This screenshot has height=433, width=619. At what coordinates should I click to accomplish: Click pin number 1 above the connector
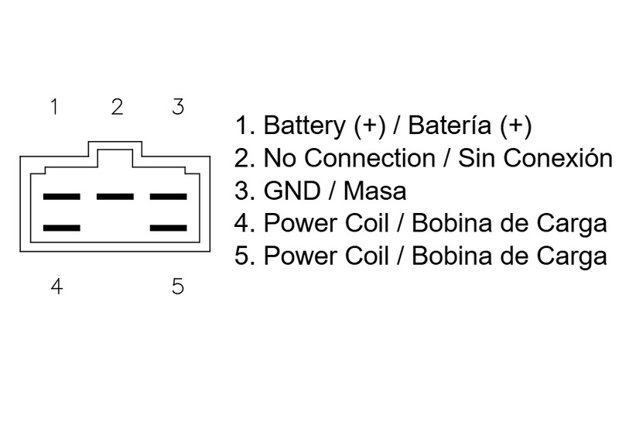tap(54, 107)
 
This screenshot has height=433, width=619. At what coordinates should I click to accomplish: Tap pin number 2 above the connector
tap(117, 107)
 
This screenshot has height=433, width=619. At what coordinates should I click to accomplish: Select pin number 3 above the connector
tap(178, 107)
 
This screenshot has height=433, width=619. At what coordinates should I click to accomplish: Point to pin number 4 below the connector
tap(56, 287)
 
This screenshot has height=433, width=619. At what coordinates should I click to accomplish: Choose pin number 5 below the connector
tap(178, 287)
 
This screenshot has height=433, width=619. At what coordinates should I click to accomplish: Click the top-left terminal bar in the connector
tap(63, 196)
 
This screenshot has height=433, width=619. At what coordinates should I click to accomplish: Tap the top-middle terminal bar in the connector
tap(116, 196)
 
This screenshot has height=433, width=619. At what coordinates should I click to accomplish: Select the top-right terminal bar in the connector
tap(169, 196)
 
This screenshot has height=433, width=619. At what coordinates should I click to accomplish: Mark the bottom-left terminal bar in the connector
tap(63, 228)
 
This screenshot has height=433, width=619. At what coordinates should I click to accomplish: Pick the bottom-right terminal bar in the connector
tap(169, 228)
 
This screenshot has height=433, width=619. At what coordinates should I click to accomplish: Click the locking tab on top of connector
tap(116, 152)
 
